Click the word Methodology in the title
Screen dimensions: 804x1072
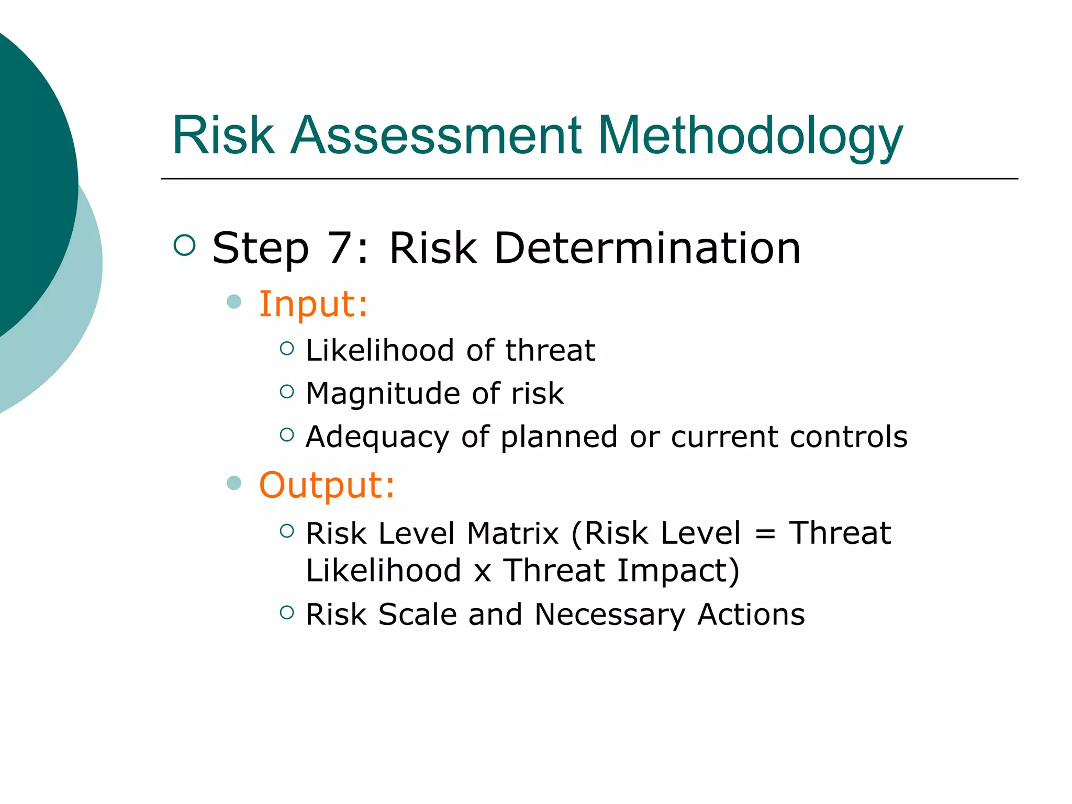750,136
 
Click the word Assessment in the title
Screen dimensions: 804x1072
435,136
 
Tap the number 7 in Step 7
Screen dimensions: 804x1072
340,248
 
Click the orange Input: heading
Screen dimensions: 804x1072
314,304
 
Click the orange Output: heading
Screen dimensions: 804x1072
327,485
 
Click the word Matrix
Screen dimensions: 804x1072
513,533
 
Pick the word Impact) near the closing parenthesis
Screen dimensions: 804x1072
678,571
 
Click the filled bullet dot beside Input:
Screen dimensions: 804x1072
234,301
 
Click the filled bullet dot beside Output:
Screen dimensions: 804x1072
234,483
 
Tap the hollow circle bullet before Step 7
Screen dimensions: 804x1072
184,245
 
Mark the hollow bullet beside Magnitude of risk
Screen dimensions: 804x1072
287,392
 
